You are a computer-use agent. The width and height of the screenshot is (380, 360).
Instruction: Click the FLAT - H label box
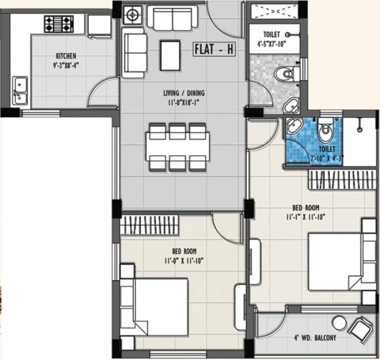coord(214,49)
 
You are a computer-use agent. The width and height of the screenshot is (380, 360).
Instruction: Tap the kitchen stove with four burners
coord(59,23)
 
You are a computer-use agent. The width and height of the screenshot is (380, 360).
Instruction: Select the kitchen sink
coord(20,90)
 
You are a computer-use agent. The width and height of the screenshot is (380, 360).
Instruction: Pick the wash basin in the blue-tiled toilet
coord(294,126)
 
